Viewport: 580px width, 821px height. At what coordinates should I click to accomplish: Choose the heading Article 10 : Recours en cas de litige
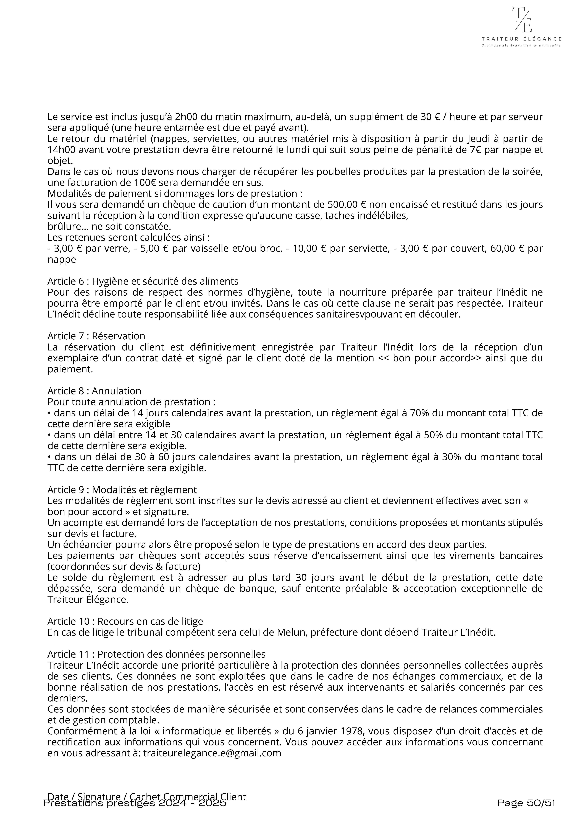(x=125, y=621)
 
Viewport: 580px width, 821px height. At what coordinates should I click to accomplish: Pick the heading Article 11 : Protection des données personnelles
(x=157, y=654)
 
